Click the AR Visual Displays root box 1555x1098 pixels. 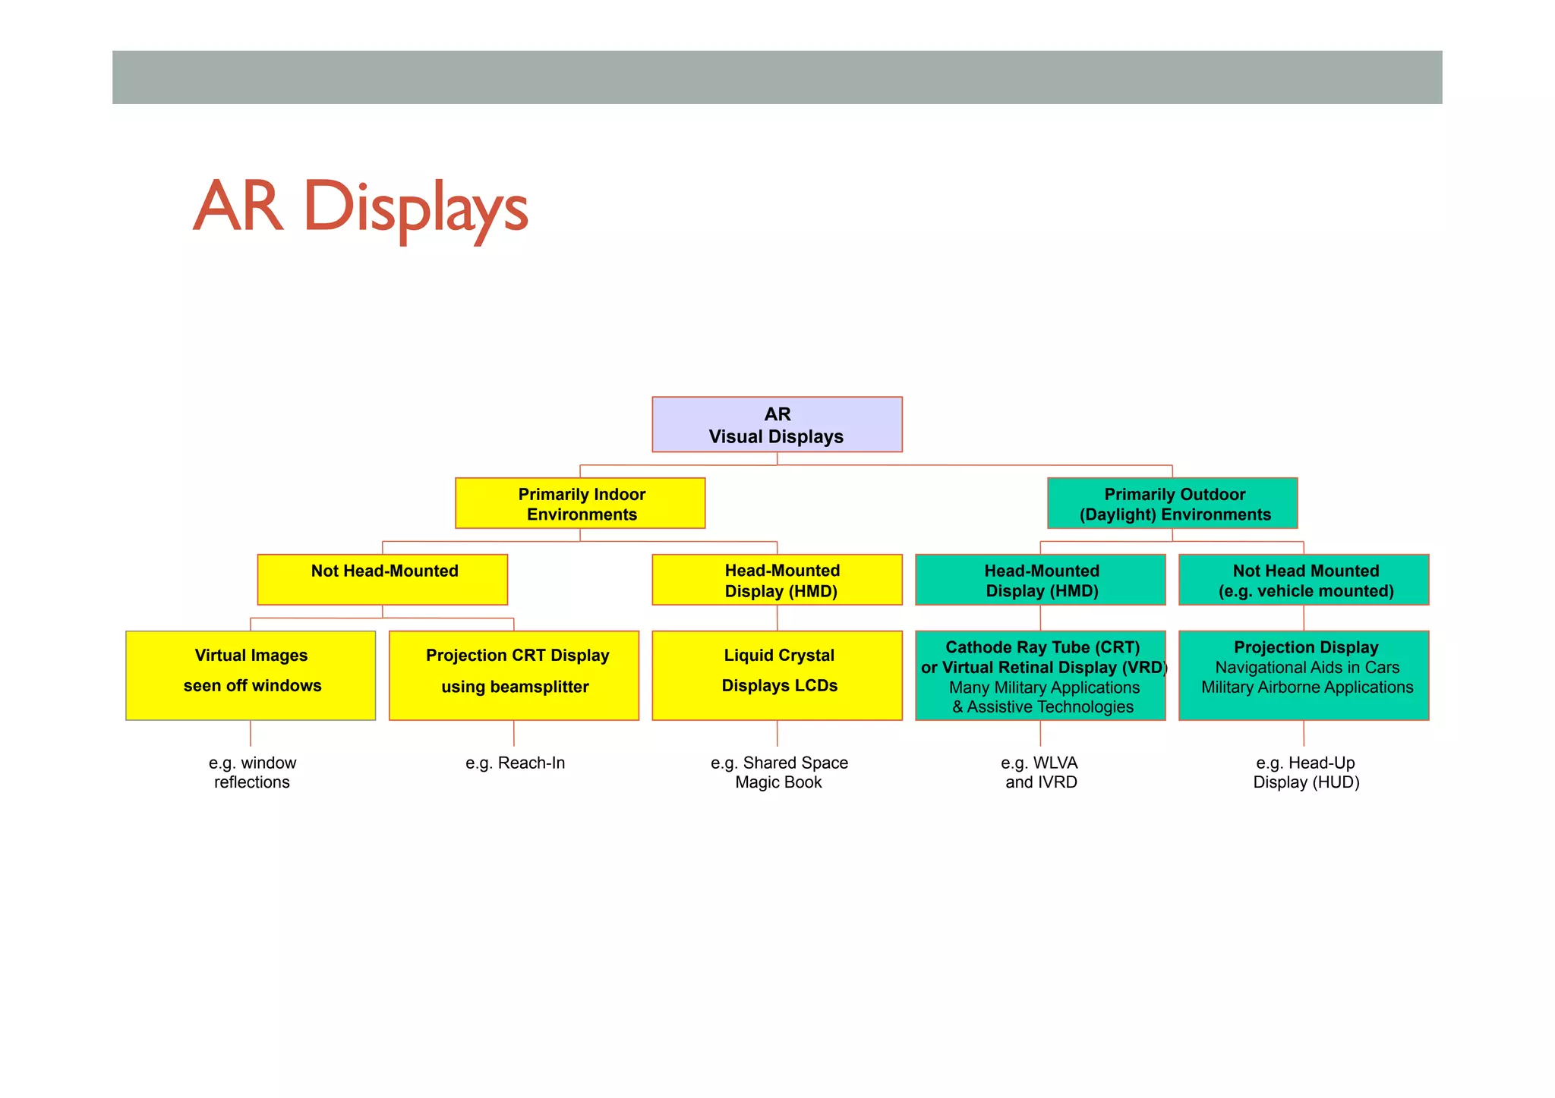(x=777, y=424)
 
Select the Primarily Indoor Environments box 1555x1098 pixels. (x=580, y=503)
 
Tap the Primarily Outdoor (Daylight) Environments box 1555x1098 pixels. (x=1172, y=503)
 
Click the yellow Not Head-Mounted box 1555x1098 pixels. (x=382, y=579)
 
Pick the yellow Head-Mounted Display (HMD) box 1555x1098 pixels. (x=777, y=580)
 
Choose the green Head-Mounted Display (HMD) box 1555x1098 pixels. (x=1040, y=580)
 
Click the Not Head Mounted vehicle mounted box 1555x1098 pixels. (x=1304, y=580)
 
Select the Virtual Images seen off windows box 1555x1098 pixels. (x=251, y=675)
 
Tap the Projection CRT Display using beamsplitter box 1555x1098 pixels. (x=514, y=675)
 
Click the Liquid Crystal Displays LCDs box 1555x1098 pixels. (x=777, y=675)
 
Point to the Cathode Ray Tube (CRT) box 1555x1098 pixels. (x=1040, y=675)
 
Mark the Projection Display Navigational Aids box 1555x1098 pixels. (x=1304, y=675)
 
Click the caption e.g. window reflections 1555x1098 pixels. (x=252, y=772)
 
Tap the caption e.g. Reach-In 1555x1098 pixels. (x=515, y=763)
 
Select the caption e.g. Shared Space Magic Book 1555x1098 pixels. (x=779, y=772)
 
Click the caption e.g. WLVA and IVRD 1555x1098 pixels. (x=1040, y=772)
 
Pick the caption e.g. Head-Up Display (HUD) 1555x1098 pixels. (x=1306, y=772)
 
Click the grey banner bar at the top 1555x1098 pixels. (x=777, y=77)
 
